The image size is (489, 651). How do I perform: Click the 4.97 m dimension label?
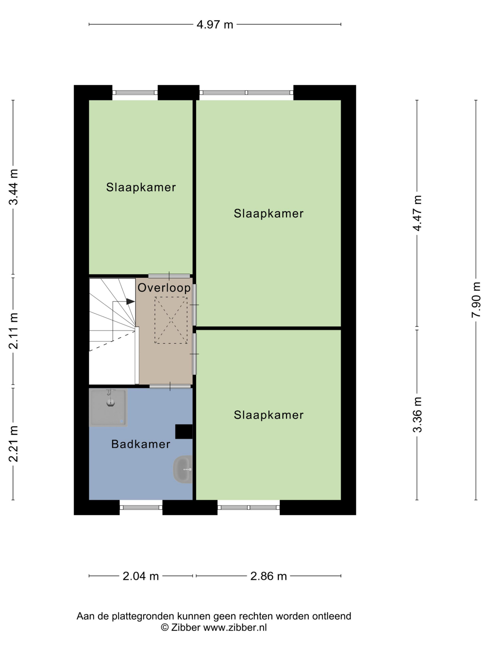pyautogui.click(x=215, y=24)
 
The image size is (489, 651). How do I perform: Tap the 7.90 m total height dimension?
pyautogui.click(x=476, y=300)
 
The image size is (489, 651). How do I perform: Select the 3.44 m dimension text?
pyautogui.click(x=13, y=187)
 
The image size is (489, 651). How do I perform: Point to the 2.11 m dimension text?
pyautogui.click(x=13, y=331)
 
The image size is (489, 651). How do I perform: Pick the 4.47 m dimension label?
pyautogui.click(x=417, y=213)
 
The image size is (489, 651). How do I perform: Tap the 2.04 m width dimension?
pyautogui.click(x=141, y=576)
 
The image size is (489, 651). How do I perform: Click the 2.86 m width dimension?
pyautogui.click(x=268, y=576)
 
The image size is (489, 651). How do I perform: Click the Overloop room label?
pyautogui.click(x=164, y=288)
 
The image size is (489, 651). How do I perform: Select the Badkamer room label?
pyautogui.click(x=141, y=444)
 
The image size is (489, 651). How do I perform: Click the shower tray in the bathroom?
pyautogui.click(x=108, y=408)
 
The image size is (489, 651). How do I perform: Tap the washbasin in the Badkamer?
pyautogui.click(x=183, y=469)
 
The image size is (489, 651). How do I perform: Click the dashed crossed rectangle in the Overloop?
pyautogui.click(x=171, y=320)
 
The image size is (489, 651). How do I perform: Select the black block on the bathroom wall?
pyautogui.click(x=184, y=432)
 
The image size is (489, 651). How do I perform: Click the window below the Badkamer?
pyautogui.click(x=141, y=507)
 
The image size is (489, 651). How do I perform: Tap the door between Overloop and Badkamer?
pyautogui.click(x=170, y=386)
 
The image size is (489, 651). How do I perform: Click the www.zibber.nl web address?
pyautogui.click(x=235, y=628)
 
